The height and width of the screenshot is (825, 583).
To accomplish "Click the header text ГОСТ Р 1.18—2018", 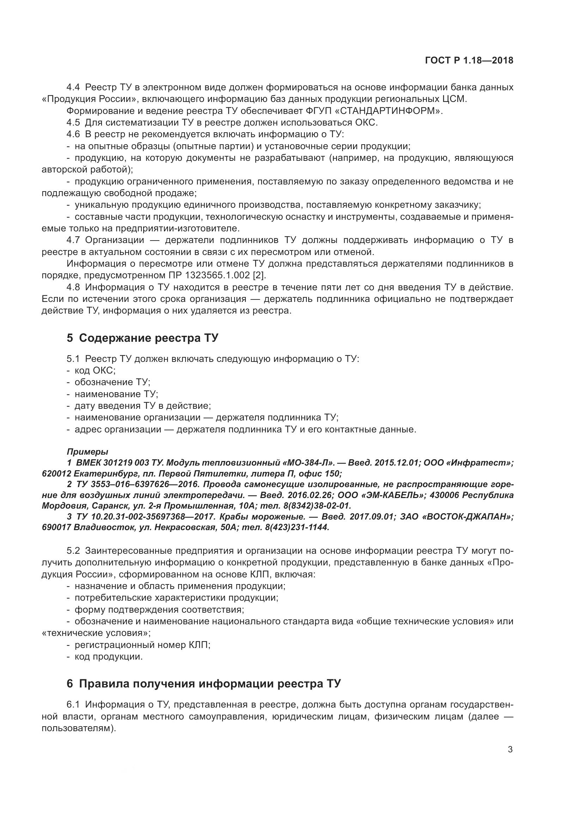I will [469, 60].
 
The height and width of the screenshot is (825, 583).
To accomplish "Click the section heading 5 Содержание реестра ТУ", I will [142, 338].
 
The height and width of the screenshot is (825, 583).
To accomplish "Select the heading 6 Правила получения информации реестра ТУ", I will [204, 684].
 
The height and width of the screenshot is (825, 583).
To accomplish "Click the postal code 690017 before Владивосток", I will [56, 527].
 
